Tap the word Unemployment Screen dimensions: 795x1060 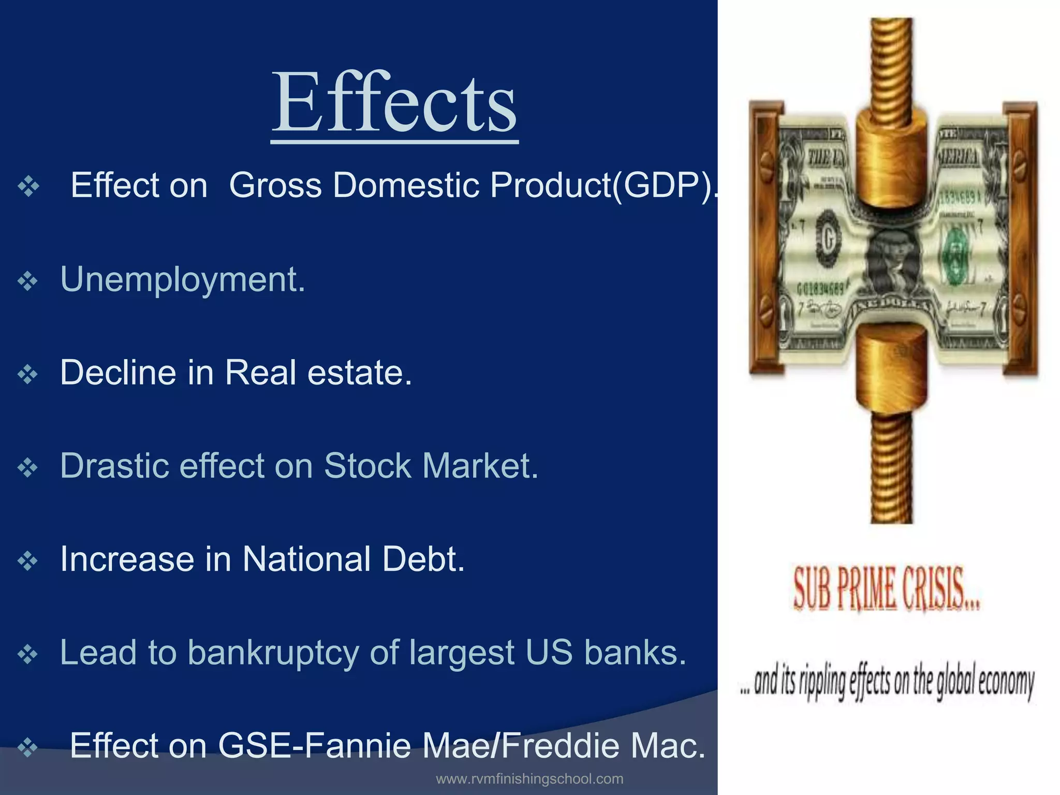point(183,279)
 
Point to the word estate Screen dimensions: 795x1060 point(359,373)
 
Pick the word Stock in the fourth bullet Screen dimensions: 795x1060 point(367,466)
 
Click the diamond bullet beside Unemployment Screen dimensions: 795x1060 point(27,282)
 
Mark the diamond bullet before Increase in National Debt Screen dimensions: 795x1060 point(27,561)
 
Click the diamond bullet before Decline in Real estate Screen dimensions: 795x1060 point(27,375)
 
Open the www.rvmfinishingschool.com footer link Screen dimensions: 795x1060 point(529,779)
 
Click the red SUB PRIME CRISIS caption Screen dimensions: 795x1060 point(887,589)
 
